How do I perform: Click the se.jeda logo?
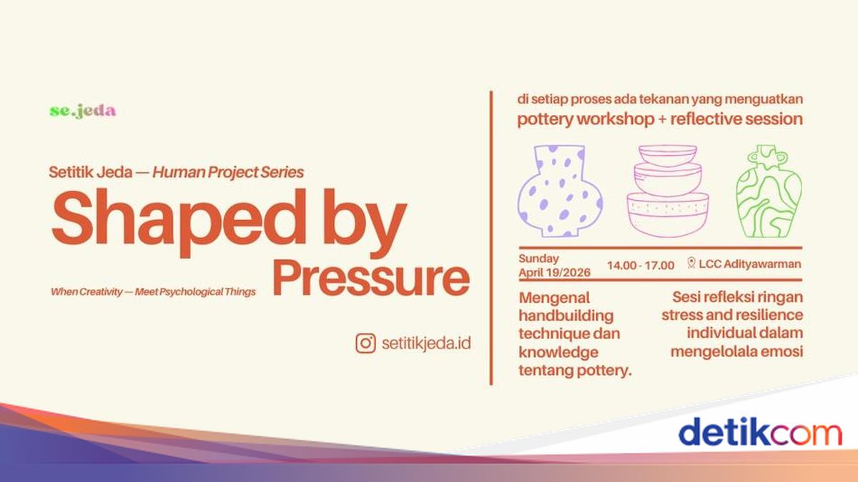coord(83,111)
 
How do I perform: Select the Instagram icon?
coord(365,343)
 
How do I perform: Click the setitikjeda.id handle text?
coord(426,343)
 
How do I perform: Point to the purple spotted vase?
coord(560,191)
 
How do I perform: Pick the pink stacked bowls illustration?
coord(668,191)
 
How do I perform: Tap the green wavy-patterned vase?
coord(769,191)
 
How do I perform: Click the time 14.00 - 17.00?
coord(641,265)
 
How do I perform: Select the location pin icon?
coord(691,263)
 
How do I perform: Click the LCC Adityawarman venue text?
coord(749,264)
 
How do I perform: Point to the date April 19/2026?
coord(554,273)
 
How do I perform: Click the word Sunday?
coord(538,259)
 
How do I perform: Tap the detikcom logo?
coord(760,432)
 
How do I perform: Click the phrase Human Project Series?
coord(228,172)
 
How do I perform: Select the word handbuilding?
coord(566,316)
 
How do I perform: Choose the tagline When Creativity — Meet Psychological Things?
coord(153,292)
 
